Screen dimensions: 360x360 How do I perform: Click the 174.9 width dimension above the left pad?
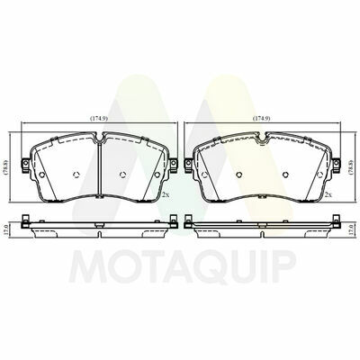99,119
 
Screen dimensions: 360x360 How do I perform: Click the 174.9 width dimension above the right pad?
262,119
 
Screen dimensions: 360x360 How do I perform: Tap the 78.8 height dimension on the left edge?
7,167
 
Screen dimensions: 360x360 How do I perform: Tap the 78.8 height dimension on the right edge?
354,167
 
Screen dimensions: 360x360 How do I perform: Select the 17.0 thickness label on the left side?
7,230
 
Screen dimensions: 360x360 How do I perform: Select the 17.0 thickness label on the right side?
354,230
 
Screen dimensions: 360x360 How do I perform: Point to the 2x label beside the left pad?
166,194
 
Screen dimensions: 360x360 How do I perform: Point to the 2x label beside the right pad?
328,194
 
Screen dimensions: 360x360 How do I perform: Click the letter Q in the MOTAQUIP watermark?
198,265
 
